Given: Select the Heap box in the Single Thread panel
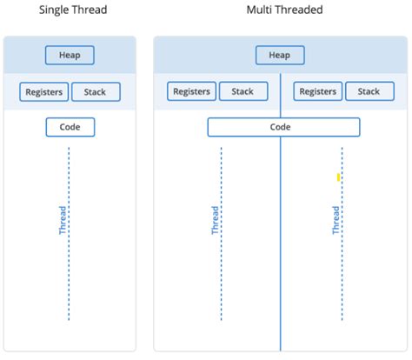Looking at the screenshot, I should click(x=70, y=56).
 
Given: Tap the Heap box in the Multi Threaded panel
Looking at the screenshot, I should click(x=280, y=56).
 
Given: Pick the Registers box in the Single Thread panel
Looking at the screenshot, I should click(x=43, y=91).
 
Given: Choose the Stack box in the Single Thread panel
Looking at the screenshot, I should click(x=96, y=91).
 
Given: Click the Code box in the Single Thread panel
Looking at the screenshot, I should click(x=70, y=127).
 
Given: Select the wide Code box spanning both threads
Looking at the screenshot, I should click(x=283, y=127).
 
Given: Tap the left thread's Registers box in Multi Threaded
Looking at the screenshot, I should click(x=191, y=91).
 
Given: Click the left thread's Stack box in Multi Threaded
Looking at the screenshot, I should click(x=243, y=91).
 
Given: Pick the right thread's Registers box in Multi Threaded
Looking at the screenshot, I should click(x=317, y=91).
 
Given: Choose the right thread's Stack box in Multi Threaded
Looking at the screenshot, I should click(x=369, y=91).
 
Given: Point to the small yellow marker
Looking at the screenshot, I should click(x=338, y=177).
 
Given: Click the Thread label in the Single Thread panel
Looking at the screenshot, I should click(x=63, y=220).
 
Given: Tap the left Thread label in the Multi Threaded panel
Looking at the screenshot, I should click(x=215, y=220).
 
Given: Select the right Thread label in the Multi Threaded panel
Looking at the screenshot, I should click(x=336, y=220).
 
